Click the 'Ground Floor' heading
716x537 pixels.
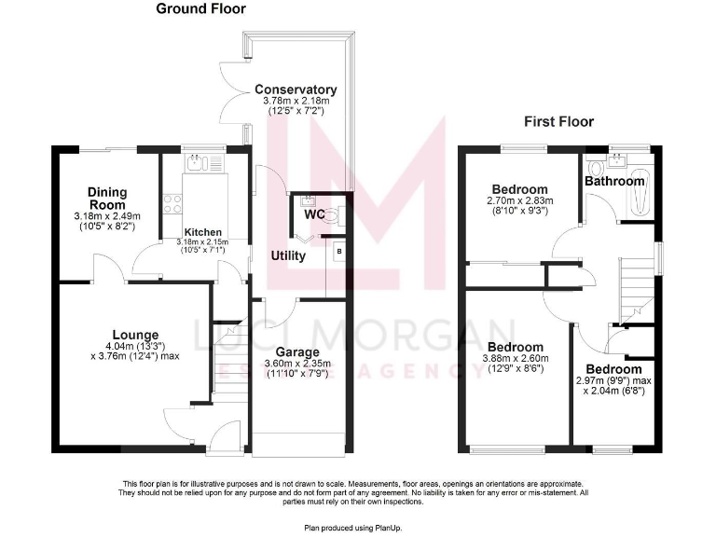coord(200,9)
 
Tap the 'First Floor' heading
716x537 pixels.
coord(558,121)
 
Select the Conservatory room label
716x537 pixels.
coord(296,90)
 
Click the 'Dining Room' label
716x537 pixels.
coord(107,199)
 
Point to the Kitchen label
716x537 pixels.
coord(202,232)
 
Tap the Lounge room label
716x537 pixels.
coord(136,335)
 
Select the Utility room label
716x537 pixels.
coord(288,255)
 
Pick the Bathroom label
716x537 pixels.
coord(614,181)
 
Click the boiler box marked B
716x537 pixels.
coord(338,250)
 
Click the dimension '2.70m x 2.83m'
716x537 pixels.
coord(519,200)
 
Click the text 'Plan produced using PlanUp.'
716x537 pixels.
coord(357,527)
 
